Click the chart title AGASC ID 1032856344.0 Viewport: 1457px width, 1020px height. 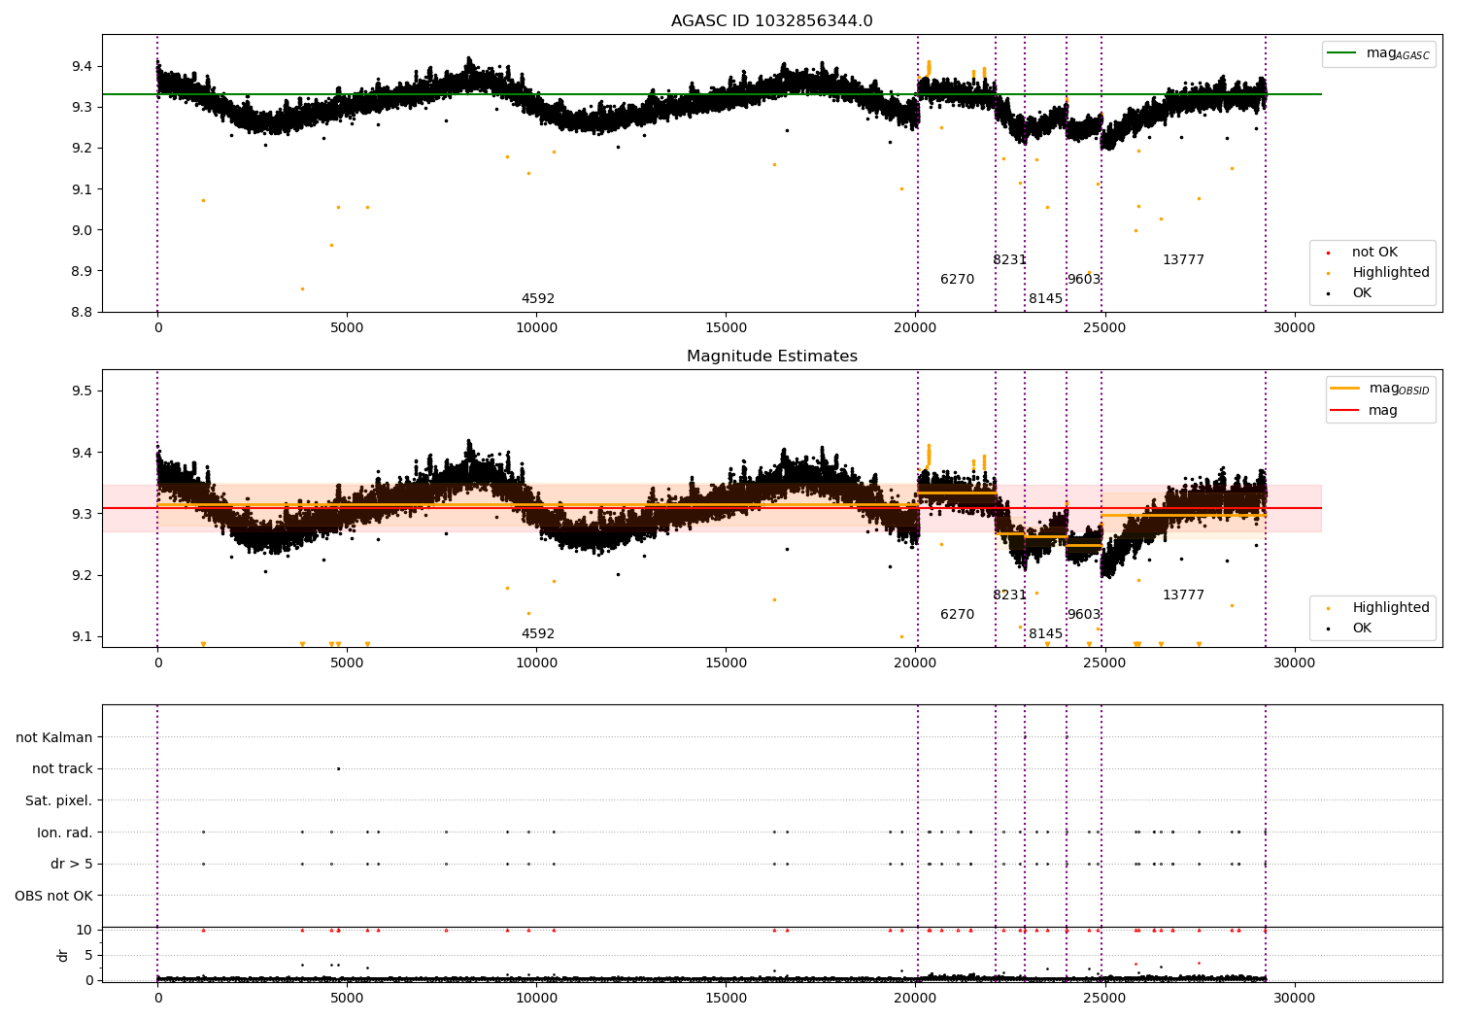tap(771, 20)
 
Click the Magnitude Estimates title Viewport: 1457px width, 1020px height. tap(771, 356)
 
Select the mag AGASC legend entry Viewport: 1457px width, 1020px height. tap(1378, 53)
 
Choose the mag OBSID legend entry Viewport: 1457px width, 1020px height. tap(1379, 389)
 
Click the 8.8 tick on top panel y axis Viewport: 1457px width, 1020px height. tap(82, 312)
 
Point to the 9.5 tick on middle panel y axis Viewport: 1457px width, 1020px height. tap(82, 391)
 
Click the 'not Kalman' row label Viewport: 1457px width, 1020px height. tap(54, 737)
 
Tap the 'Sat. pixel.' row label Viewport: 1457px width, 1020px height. tap(58, 800)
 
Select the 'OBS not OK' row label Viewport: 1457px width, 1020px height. tap(54, 896)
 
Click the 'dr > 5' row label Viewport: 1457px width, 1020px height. tap(72, 864)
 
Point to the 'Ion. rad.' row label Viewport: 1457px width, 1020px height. tap(64, 832)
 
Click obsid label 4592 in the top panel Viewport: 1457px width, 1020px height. tap(538, 298)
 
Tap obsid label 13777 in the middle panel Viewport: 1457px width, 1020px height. tap(1183, 595)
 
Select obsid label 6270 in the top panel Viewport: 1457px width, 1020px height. tap(957, 279)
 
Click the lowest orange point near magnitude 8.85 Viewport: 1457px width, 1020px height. tap(302, 289)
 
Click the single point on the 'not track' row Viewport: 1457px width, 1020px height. tap(338, 769)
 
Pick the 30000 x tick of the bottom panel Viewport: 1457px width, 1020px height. tap(1294, 999)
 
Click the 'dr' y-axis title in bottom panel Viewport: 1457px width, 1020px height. tap(62, 955)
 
